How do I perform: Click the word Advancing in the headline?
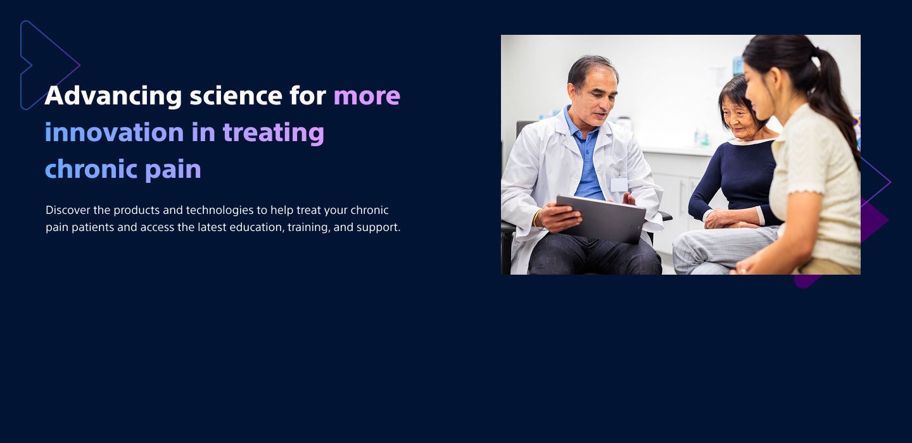click(113, 96)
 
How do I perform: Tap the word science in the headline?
click(236, 96)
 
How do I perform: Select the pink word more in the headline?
click(367, 96)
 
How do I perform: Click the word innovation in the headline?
click(115, 132)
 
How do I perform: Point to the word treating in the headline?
click(274, 134)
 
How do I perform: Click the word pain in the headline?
click(173, 170)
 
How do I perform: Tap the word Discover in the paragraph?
click(68, 210)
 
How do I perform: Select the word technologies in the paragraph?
click(220, 211)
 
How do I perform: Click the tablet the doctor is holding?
click(600, 219)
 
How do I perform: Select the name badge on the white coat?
click(619, 185)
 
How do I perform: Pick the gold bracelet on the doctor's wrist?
click(536, 219)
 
